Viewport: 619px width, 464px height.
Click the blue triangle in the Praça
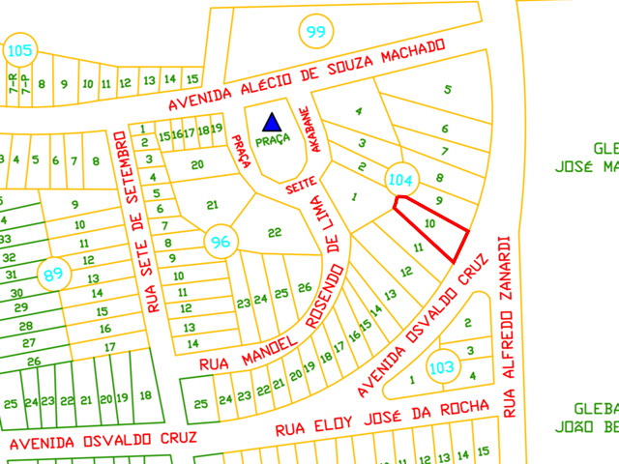pos(273,122)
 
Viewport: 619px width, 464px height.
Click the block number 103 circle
pos(441,367)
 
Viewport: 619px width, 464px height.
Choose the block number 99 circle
pos(315,33)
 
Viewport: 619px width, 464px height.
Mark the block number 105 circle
pos(19,49)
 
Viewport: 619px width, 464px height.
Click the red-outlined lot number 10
pos(430,223)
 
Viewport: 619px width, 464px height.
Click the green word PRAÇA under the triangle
pos(273,139)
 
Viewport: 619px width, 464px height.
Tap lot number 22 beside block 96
pos(275,232)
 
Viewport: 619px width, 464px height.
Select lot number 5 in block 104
pos(447,90)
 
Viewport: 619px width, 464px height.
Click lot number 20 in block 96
pos(197,164)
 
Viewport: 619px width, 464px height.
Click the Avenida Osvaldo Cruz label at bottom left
pos(103,441)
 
